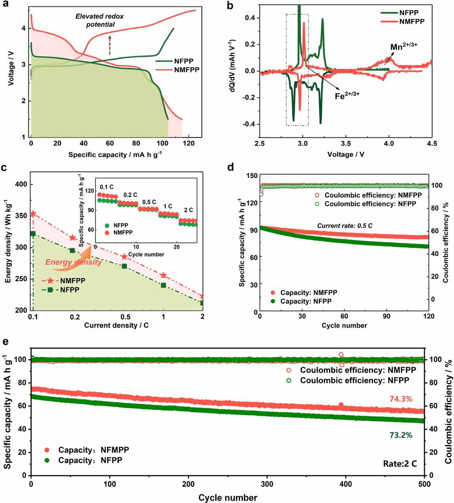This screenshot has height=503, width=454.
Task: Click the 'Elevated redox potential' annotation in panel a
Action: (x=100, y=20)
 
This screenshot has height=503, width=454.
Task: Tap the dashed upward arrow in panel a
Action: (x=109, y=45)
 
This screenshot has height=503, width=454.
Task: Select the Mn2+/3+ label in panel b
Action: (x=403, y=47)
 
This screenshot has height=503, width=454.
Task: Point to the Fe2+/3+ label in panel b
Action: (x=347, y=96)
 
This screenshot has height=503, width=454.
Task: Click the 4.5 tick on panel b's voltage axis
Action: (x=432, y=143)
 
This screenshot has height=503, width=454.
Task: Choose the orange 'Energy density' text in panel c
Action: (x=73, y=262)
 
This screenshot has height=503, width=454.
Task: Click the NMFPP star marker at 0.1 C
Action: (x=33, y=214)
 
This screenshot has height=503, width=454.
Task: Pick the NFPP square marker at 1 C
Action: (x=163, y=285)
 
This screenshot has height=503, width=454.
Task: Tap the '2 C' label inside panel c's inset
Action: (x=188, y=210)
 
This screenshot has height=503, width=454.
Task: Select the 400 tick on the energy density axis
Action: (x=21, y=184)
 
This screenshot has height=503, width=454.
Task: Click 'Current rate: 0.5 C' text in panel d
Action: (x=345, y=226)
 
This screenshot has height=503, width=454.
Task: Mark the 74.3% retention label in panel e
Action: (x=400, y=399)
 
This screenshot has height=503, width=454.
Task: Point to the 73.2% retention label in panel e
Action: (x=400, y=435)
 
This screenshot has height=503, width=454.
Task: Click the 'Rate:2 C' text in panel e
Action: (x=400, y=464)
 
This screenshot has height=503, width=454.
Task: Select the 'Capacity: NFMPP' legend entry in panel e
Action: (x=93, y=450)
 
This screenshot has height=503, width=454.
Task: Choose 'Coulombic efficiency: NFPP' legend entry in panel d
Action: (x=370, y=204)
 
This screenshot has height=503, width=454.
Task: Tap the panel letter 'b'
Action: (x=230, y=6)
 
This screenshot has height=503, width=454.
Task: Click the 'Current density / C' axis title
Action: (x=116, y=325)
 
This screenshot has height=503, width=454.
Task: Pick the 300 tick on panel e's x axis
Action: (x=267, y=484)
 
